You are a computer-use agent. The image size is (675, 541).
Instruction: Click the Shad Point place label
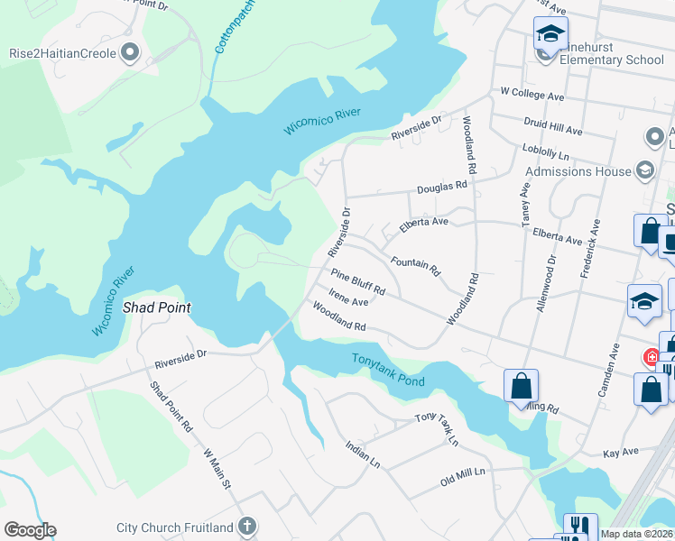coord(156,307)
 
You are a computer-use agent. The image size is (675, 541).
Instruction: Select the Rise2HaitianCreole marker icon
coord(131,53)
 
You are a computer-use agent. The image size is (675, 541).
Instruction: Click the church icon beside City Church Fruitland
coord(247,527)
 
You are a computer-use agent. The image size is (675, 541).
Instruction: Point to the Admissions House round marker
coord(644,170)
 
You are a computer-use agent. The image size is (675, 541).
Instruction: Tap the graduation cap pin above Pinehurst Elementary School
coord(550,35)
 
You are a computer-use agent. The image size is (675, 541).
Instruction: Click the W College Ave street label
coord(532,96)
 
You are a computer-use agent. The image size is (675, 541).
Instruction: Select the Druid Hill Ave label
coord(553,124)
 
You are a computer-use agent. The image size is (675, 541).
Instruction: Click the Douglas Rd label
coord(442,187)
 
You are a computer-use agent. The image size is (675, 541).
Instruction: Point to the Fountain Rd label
coord(415,265)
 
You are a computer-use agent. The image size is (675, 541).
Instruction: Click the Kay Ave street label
coord(620,451)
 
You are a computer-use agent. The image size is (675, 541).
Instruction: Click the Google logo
coord(30,529)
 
